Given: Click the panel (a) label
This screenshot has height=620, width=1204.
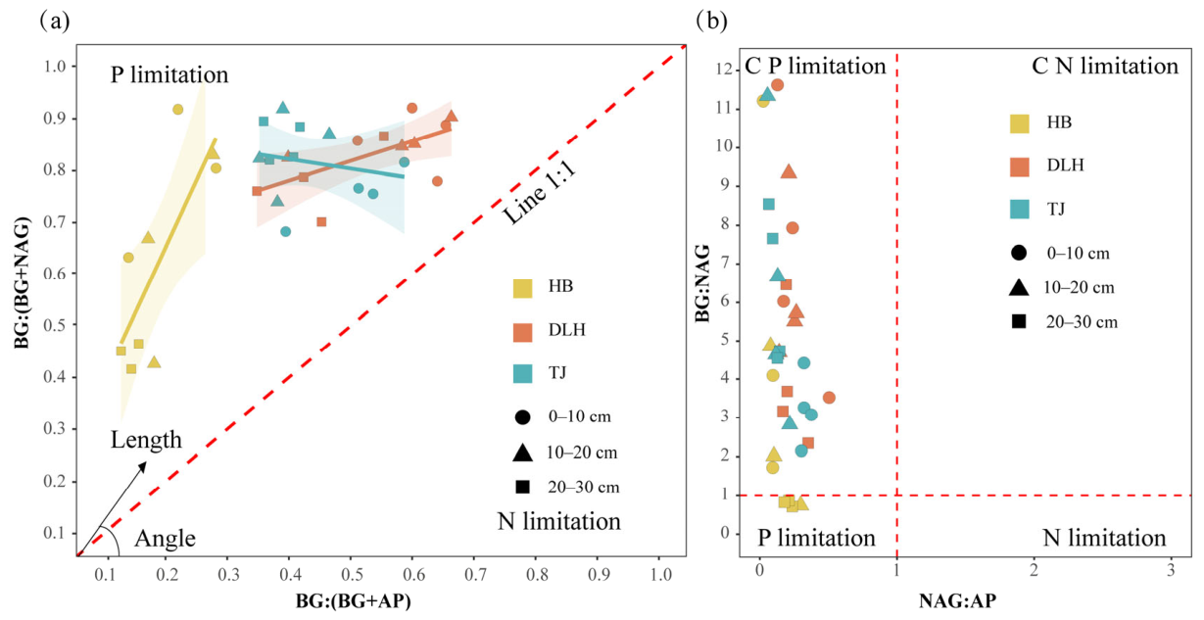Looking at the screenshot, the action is point(55,21).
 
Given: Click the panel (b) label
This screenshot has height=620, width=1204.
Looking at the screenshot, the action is point(711,21).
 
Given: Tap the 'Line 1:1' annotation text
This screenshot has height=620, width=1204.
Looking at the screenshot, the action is point(539,193).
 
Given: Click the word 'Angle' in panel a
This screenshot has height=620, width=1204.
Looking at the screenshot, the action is point(165,539).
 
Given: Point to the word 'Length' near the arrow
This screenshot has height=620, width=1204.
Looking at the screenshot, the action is point(146,440).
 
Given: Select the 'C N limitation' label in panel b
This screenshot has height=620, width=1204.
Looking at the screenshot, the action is point(1105,66).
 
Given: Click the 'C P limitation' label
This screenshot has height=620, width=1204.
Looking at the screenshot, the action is point(815,66).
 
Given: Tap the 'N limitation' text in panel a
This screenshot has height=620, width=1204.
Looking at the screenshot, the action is point(559,521).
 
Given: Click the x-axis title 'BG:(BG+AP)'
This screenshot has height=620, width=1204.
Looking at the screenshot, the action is point(353,601).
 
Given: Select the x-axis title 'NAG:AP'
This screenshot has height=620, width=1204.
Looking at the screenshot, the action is point(958,601).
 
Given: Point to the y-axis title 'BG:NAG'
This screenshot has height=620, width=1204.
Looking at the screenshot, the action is point(702,283).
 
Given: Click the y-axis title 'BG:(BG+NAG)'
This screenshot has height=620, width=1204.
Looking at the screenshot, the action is point(22,283).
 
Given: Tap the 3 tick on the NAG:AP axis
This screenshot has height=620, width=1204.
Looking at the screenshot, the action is point(1172,570).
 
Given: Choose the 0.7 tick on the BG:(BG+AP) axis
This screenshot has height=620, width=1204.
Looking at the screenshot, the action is point(474,575).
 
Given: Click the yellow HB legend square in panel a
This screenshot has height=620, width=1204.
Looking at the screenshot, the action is point(522,289).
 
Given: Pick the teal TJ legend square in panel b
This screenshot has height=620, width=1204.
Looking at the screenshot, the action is point(1020,209).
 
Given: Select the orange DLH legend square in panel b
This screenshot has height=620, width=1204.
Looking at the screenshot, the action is point(1020,167).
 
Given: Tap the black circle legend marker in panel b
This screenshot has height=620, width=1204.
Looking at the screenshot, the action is point(1019,253).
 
